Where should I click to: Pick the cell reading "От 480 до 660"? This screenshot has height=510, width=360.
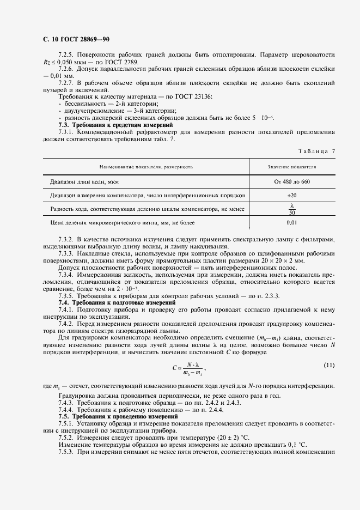coord(292,181)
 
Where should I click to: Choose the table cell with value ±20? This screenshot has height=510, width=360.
coord(292,195)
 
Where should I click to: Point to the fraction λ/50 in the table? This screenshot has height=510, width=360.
coord(292,209)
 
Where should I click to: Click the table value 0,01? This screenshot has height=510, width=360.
coord(292,223)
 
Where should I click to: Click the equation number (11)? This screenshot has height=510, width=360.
coord(329,365)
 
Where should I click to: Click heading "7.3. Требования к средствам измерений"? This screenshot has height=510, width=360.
coord(105,125)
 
